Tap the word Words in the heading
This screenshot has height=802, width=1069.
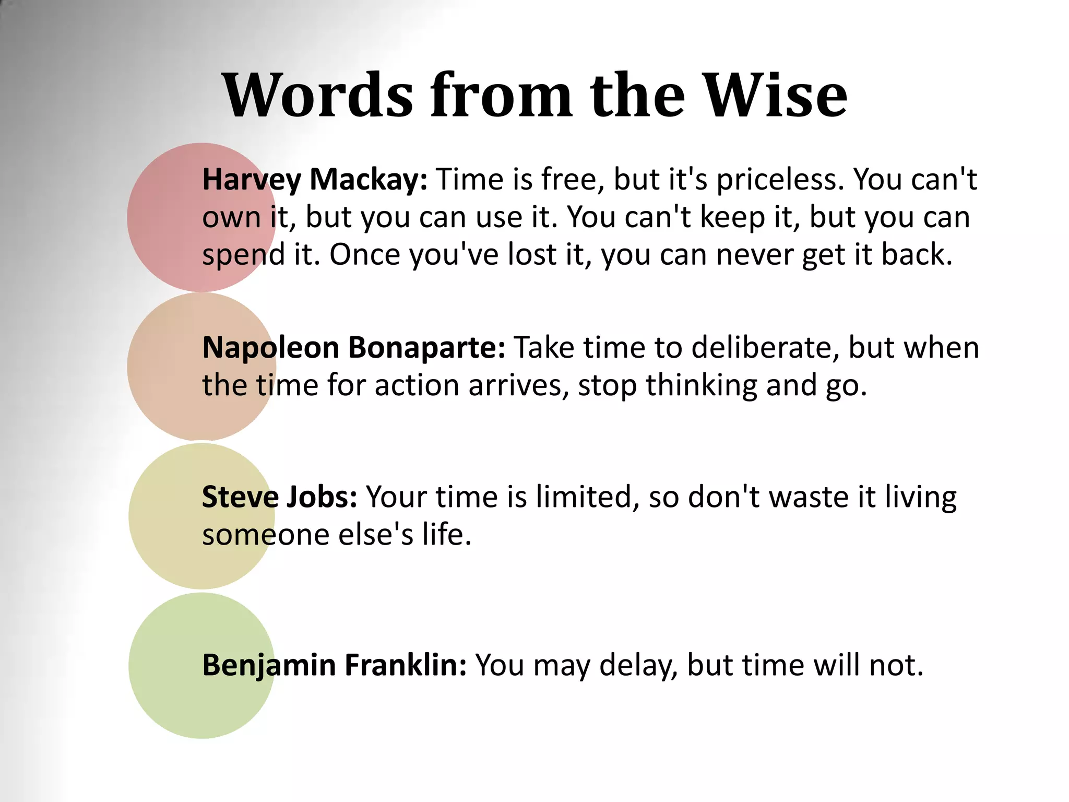click(318, 95)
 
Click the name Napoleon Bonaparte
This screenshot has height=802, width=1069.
click(353, 347)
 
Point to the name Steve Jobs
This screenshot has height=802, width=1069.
click(279, 497)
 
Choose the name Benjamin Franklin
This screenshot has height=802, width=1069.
click(334, 665)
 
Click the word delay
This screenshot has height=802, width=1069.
click(638, 665)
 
